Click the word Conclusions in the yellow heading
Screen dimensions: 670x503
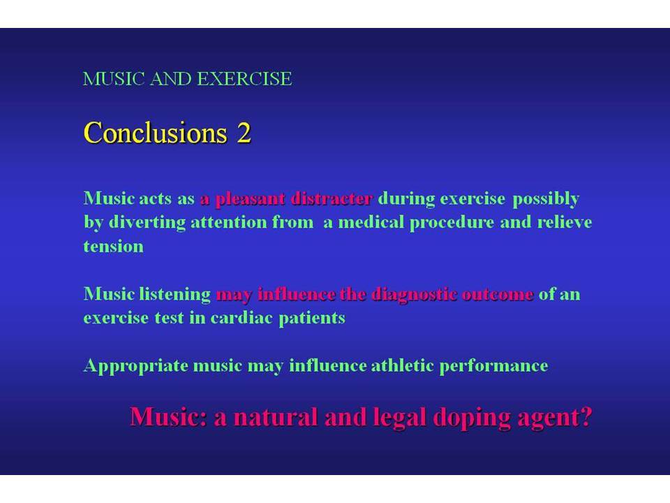[x=155, y=132]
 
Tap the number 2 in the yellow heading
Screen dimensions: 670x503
[x=244, y=133]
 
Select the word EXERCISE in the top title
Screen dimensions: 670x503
[x=244, y=79]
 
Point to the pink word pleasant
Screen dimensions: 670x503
[x=250, y=199]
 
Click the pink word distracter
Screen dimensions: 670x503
[x=332, y=198]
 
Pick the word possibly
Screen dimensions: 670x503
[x=546, y=199]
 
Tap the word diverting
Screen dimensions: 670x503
[x=147, y=223]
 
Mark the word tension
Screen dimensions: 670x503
[x=113, y=247]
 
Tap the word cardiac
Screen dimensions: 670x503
[x=241, y=319]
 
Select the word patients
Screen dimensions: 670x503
[x=312, y=319]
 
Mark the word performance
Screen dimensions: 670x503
[x=493, y=367]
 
